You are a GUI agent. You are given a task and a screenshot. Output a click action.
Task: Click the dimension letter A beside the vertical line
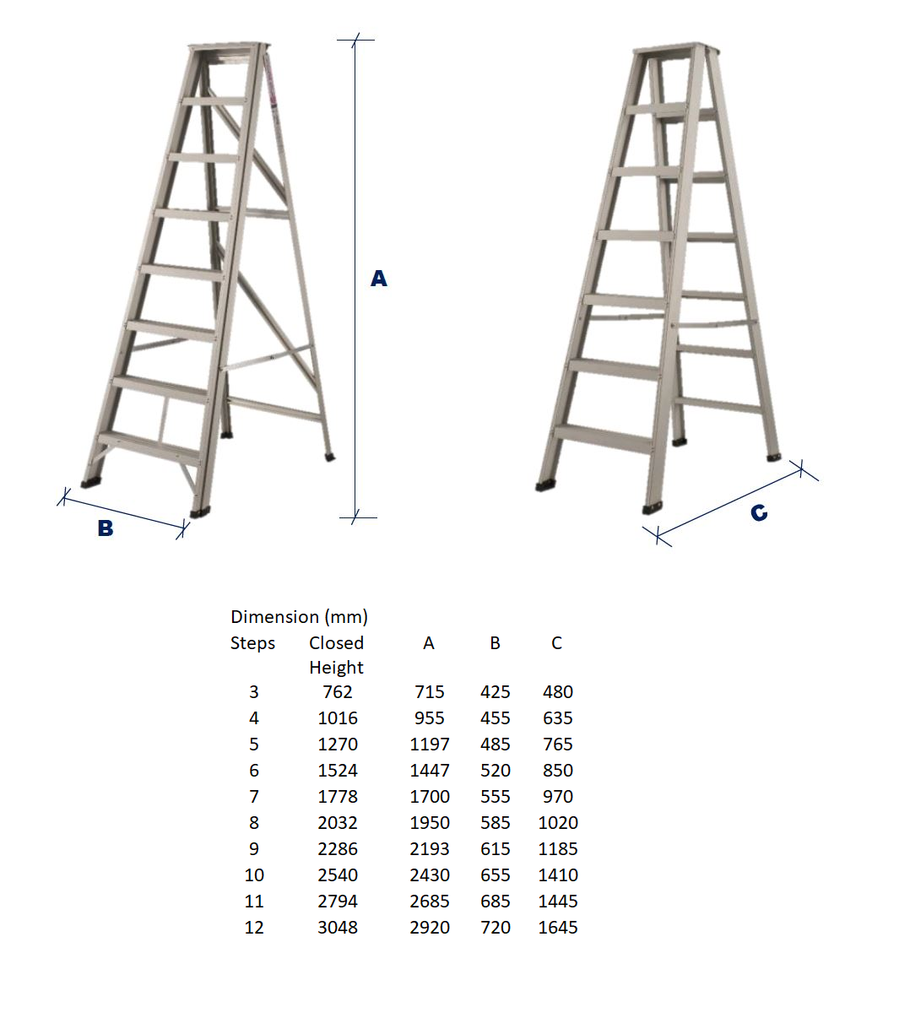pyautogui.click(x=379, y=279)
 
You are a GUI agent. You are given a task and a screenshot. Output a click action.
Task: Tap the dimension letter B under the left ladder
pyautogui.click(x=106, y=528)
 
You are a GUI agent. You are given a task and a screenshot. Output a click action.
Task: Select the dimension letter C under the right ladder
pyautogui.click(x=759, y=512)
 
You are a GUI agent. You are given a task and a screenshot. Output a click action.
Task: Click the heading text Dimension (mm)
pyautogui.click(x=299, y=617)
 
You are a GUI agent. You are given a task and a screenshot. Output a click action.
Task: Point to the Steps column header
pyautogui.click(x=252, y=643)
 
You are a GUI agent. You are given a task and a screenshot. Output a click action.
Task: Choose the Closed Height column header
pyautogui.click(x=336, y=655)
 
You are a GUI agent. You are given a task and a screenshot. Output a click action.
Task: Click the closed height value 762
pyautogui.click(x=337, y=692)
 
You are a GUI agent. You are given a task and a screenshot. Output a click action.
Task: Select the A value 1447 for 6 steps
pyautogui.click(x=430, y=771)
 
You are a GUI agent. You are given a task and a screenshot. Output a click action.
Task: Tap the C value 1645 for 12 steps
pyautogui.click(x=558, y=928)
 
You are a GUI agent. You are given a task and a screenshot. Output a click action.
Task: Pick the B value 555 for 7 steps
pyautogui.click(x=496, y=797)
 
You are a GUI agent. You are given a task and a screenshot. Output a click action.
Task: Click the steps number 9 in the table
pyautogui.click(x=254, y=849)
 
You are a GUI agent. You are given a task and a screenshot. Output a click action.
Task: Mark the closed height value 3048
pyautogui.click(x=337, y=928)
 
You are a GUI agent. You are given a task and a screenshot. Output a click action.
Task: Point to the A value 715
pyautogui.click(x=430, y=692)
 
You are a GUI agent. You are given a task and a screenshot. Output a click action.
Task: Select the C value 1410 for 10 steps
pyautogui.click(x=558, y=875)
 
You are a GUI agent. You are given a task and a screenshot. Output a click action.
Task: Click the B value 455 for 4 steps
pyautogui.click(x=496, y=718)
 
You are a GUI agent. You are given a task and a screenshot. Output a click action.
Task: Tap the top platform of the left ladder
pyautogui.click(x=230, y=48)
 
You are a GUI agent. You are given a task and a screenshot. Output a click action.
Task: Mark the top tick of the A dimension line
pyautogui.click(x=355, y=39)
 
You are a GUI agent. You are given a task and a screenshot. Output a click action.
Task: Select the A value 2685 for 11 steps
pyautogui.click(x=430, y=902)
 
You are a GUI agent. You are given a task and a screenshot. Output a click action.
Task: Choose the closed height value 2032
pyautogui.click(x=337, y=823)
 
